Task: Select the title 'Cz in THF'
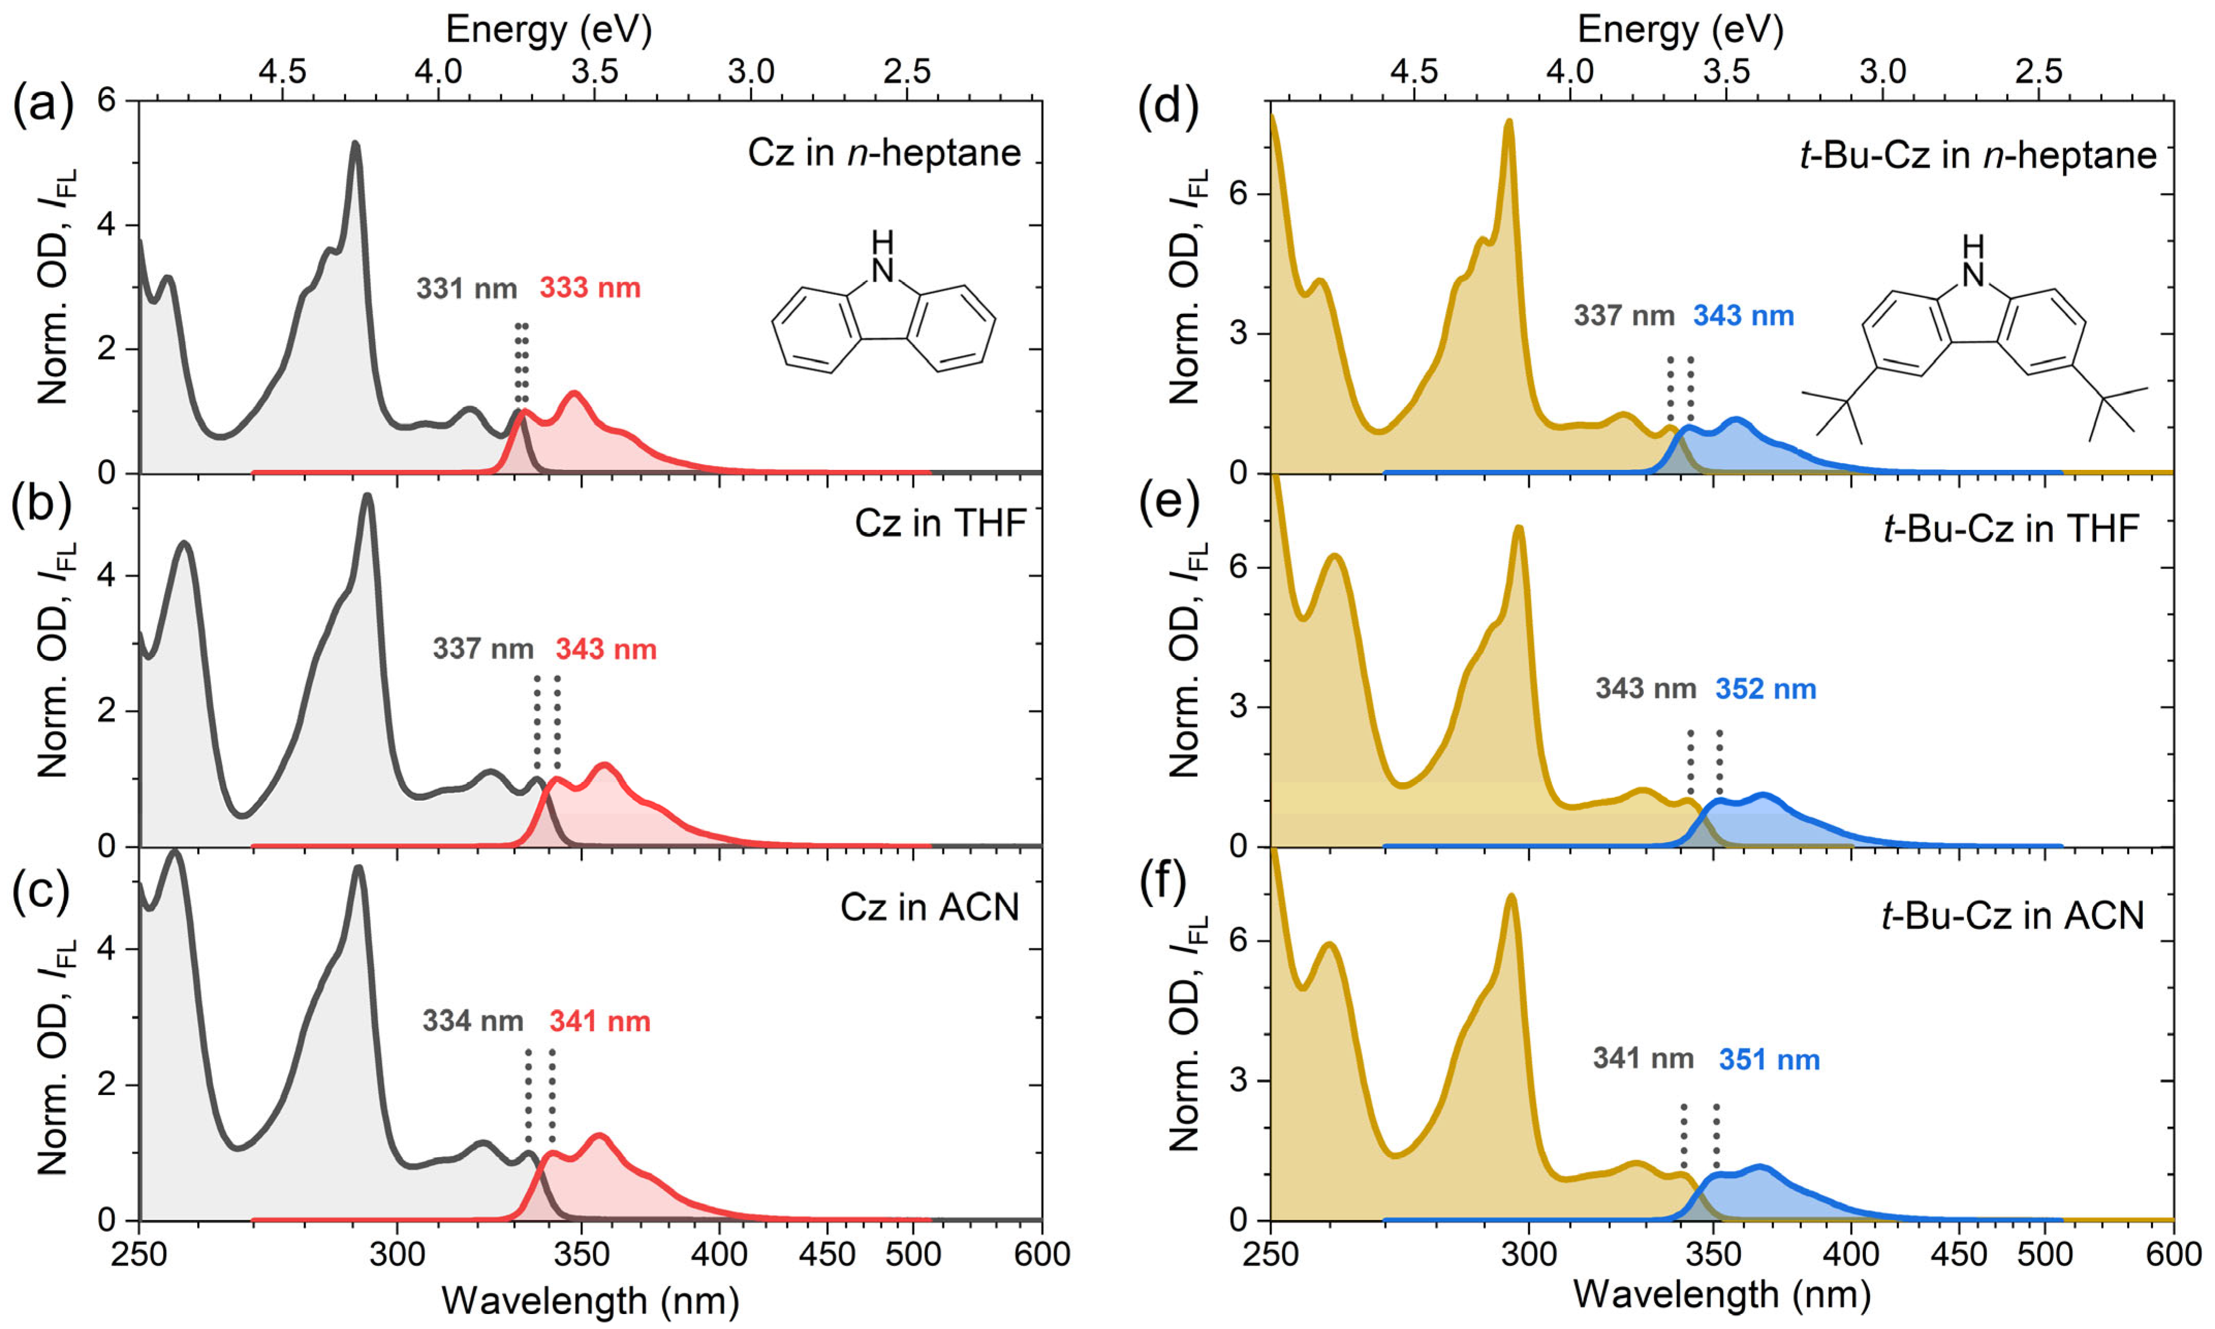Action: [x=939, y=523]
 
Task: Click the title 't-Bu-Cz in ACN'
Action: [x=2013, y=915]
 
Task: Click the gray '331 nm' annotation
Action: [x=466, y=289]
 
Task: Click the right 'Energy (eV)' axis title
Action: [x=1680, y=29]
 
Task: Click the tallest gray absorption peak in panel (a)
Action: [x=356, y=144]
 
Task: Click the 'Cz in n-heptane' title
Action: [x=884, y=153]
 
